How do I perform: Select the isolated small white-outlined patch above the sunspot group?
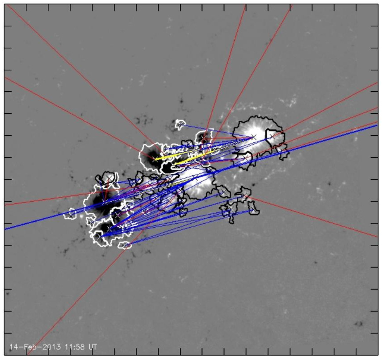[181, 124]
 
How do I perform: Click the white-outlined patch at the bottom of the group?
[125, 245]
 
